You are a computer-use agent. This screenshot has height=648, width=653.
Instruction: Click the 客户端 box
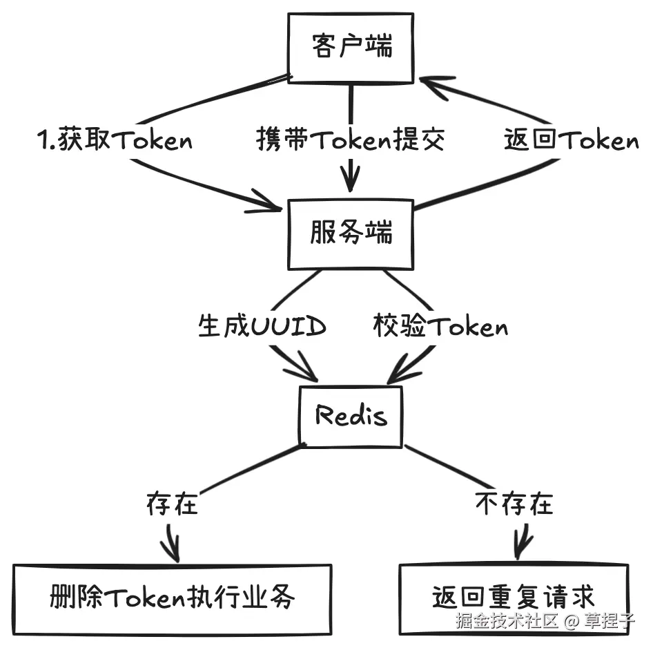click(351, 48)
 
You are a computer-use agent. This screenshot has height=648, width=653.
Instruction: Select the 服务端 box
click(351, 234)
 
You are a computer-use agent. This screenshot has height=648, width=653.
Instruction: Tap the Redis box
click(351, 417)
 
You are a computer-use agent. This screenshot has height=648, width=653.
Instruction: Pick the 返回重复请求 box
click(514, 598)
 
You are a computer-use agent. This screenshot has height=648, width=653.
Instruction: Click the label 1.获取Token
click(115, 141)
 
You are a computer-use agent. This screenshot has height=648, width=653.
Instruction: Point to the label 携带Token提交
click(351, 141)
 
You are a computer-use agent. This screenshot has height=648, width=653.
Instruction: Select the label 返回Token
click(571, 141)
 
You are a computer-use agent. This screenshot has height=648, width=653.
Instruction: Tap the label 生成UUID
click(262, 326)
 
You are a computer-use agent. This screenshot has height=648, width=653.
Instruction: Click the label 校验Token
click(440, 326)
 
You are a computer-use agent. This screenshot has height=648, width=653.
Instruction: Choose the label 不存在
click(514, 504)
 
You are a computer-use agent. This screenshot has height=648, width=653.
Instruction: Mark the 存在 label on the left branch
click(172, 504)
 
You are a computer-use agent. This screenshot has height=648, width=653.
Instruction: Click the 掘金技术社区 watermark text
click(506, 620)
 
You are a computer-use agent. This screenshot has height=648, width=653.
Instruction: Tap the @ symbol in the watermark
click(571, 620)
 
